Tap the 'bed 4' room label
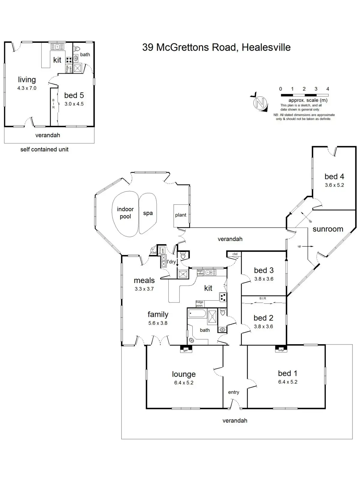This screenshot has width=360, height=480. click(334, 177)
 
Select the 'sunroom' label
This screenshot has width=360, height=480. click(328, 229)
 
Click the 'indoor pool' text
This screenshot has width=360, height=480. click(125, 213)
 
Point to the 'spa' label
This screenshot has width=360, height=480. click(148, 213)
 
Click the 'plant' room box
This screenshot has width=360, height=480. click(181, 215)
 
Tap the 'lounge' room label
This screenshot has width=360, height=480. click(184, 374)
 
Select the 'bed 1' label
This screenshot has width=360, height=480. click(287, 373)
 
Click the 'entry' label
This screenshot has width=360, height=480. click(233, 392)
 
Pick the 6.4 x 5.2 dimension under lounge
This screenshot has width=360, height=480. click(184, 383)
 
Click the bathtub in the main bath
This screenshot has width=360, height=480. click(197, 314)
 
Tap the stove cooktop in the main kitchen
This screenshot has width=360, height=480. click(223, 297)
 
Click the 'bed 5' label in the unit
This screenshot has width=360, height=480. click(74, 95)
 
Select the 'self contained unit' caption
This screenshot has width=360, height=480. click(44, 149)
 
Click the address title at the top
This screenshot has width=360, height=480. click(216, 47)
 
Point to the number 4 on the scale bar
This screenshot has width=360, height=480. click(328, 89)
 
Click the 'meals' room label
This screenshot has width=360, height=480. click(144, 280)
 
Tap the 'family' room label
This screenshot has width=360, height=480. click(158, 314)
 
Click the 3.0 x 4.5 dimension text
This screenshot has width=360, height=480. click(74, 104)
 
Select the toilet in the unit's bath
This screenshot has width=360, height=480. click(77, 49)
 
